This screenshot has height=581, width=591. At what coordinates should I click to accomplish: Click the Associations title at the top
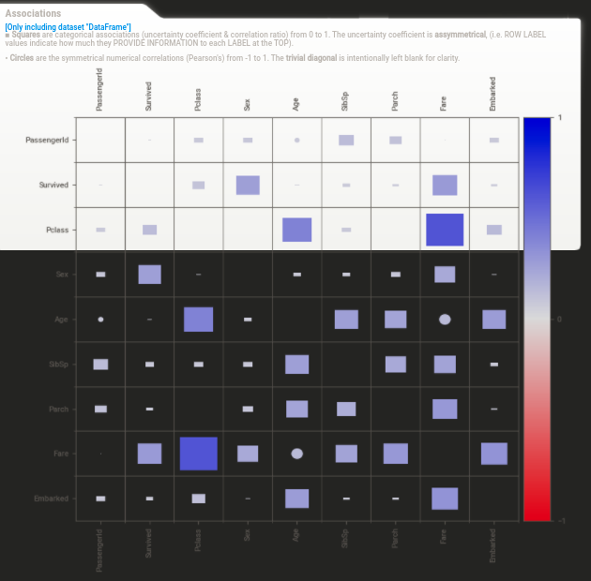33,13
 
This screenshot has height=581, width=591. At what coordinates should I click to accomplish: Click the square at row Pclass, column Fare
445,230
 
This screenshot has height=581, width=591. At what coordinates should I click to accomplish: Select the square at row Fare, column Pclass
198,454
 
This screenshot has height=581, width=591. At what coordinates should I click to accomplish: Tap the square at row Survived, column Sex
248,185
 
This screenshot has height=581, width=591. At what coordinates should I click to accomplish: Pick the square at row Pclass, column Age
296,230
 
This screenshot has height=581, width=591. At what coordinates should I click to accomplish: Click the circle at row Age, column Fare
445,320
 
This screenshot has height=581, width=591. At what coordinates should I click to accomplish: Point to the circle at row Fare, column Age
296,454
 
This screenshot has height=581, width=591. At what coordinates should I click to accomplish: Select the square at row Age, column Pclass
198,320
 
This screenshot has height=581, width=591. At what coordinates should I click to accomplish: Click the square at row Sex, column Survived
149,275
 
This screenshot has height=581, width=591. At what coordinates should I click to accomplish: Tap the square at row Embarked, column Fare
445,499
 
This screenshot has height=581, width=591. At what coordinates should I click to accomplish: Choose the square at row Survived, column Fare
445,185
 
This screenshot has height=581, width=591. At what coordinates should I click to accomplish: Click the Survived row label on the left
53,185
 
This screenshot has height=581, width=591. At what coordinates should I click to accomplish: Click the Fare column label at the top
444,101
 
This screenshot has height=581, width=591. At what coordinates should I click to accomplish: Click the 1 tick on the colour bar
560,117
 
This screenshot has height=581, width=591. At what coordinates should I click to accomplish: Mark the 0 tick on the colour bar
560,320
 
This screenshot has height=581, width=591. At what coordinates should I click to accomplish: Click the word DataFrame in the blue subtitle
109,26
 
